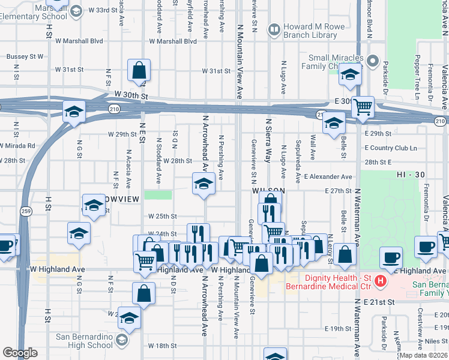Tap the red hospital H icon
pos(379,281)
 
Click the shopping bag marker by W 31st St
pos(139,71)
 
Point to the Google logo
pos(20,353)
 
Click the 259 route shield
pos(25,211)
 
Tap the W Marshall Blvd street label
pos(173,41)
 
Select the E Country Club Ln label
pos(390,148)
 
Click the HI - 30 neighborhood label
pos(411,174)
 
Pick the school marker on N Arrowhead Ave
pos(203,184)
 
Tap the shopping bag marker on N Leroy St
pos(345,254)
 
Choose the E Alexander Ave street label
pos(328,177)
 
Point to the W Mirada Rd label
pos(17,146)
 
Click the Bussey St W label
pos(24,56)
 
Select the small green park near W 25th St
pos(158,195)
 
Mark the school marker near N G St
pos(74,111)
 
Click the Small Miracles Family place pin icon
pos(372,61)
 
